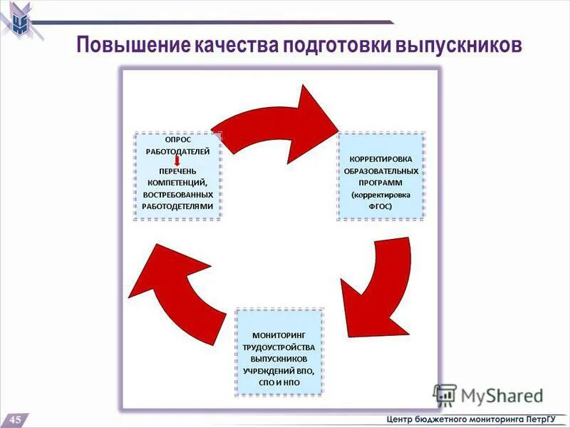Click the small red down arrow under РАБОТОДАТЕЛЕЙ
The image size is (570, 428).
(x=177, y=162)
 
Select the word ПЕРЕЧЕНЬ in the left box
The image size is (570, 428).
(x=177, y=172)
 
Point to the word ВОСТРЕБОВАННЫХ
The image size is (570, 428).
(x=177, y=195)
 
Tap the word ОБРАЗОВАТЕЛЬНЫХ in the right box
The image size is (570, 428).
(x=380, y=171)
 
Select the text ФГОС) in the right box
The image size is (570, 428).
(x=380, y=206)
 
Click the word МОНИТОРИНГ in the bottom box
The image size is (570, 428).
(x=279, y=335)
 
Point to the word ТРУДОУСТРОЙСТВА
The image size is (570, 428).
(x=279, y=347)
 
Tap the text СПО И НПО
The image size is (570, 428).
(x=279, y=383)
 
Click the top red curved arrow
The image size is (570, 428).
(x=278, y=125)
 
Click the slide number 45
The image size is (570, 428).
(x=15, y=419)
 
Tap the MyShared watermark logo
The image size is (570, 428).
(x=488, y=394)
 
